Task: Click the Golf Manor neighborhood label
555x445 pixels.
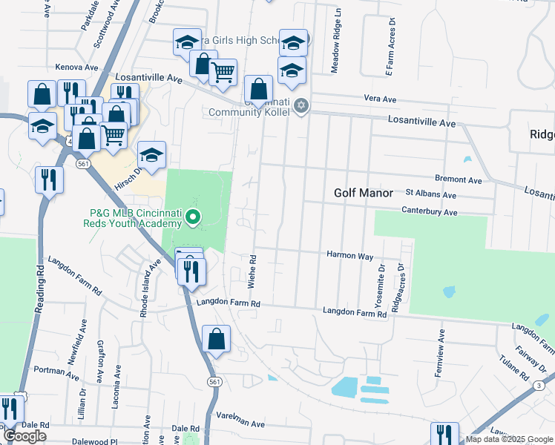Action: click(x=363, y=193)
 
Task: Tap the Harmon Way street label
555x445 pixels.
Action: click(x=350, y=255)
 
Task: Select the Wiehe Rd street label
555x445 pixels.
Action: click(x=252, y=272)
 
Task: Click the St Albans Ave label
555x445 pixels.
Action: click(x=430, y=195)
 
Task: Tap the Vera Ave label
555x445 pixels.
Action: click(x=380, y=99)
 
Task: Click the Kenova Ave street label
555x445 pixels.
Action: click(x=77, y=67)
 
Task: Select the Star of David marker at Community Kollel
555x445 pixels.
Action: click(x=301, y=105)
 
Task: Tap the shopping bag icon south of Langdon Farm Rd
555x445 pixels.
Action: click(x=216, y=340)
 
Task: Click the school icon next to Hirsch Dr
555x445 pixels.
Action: click(x=151, y=156)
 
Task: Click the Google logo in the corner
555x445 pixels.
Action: click(x=25, y=436)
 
